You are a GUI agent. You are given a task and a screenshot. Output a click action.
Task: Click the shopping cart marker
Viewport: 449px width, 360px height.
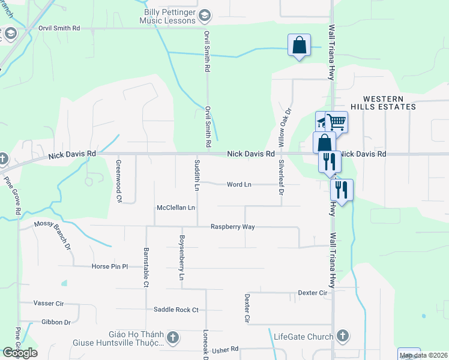(336, 122)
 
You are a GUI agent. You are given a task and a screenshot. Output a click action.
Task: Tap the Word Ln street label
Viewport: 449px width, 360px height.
(239, 184)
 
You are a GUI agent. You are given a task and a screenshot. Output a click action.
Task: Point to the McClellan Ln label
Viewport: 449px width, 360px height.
(176, 208)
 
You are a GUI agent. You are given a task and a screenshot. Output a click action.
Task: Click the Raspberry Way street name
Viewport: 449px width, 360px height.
(233, 227)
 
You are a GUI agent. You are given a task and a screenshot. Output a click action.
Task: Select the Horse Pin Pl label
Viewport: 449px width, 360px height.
(110, 266)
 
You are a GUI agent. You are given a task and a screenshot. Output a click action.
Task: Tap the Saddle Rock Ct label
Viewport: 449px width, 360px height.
(176, 310)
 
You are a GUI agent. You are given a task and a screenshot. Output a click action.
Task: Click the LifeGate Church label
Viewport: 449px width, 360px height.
(304, 337)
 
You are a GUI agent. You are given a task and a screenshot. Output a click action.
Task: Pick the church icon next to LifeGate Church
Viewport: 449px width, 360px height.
(343, 335)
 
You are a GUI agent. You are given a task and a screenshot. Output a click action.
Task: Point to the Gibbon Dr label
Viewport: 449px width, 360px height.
(56, 322)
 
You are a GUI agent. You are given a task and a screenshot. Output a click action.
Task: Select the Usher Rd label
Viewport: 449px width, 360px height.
(225, 349)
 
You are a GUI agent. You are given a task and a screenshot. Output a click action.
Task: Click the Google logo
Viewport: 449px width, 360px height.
(20, 353)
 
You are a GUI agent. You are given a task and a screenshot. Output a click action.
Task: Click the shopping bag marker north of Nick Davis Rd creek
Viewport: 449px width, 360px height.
(299, 46)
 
